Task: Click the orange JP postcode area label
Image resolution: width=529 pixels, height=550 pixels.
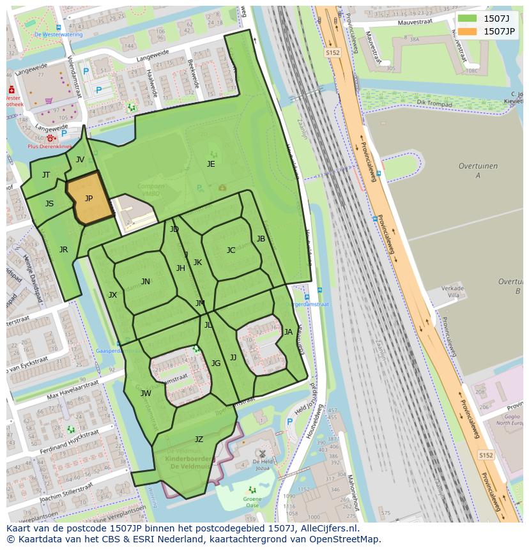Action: click(x=89, y=199)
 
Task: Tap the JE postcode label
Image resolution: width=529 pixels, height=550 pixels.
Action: click(x=211, y=164)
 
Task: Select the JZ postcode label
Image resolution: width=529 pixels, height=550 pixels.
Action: click(x=199, y=439)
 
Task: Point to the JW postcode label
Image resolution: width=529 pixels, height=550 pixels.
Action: click(x=146, y=393)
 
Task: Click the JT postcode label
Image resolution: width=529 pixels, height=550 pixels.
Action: click(x=46, y=175)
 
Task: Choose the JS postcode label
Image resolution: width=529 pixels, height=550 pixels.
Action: click(x=49, y=204)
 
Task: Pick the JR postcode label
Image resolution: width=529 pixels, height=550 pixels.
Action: click(x=63, y=250)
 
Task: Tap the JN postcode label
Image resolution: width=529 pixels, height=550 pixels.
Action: click(x=146, y=282)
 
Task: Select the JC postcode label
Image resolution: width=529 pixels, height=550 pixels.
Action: click(x=231, y=250)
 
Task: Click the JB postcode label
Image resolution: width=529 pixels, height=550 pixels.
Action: click(x=261, y=239)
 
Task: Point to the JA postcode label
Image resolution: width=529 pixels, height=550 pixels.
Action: click(x=288, y=332)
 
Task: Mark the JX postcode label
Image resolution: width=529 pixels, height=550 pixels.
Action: click(x=112, y=295)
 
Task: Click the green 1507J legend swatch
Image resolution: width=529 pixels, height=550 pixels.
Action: click(x=467, y=18)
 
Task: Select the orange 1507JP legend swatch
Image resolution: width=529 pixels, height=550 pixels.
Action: click(x=467, y=31)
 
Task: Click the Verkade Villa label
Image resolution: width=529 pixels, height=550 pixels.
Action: click(x=452, y=292)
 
